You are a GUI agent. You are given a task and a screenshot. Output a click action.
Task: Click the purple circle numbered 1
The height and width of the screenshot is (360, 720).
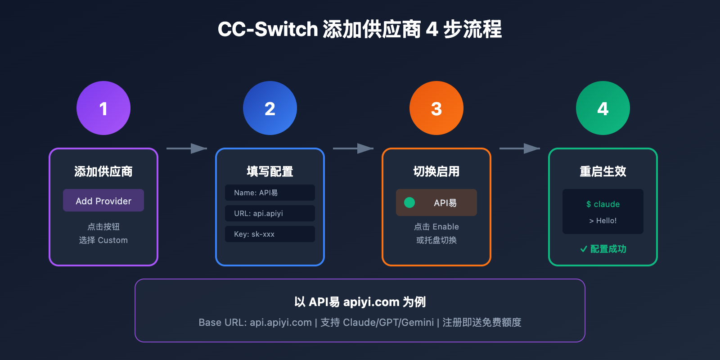pos(103,108)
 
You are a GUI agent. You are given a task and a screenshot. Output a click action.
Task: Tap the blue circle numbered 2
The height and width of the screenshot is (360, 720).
pos(270,108)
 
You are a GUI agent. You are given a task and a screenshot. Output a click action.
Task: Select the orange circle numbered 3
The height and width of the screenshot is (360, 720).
pos(436,108)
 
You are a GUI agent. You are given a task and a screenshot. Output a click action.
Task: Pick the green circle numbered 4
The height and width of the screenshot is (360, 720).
pos(603,108)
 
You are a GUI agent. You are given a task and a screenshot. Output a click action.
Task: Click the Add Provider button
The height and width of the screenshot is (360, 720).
pos(103,201)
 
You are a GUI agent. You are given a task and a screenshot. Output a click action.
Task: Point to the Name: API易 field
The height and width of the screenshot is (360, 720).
pos(270,193)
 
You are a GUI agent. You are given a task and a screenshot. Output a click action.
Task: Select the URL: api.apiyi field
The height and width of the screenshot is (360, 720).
pos(270,213)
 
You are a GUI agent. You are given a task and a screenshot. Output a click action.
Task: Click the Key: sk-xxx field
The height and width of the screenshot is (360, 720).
pos(270,234)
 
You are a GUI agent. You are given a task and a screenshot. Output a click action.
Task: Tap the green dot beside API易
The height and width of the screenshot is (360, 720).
pos(409,202)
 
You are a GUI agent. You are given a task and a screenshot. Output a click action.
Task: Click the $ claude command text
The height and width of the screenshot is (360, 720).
pos(603,204)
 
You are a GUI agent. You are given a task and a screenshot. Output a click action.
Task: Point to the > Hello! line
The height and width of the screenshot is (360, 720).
pos(603,220)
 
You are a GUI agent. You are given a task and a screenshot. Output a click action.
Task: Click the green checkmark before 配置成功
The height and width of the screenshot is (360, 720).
pos(584,249)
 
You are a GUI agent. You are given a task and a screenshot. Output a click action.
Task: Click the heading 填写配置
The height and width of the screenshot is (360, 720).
pos(270,171)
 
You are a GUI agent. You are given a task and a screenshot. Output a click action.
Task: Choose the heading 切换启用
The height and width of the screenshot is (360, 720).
pos(436,171)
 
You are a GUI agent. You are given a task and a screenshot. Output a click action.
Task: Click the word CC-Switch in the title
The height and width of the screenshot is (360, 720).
pos(268,29)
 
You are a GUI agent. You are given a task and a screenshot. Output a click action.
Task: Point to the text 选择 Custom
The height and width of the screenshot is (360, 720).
pos(103,240)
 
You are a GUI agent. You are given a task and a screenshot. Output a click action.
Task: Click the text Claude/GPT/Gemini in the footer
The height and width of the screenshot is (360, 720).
pos(388,322)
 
